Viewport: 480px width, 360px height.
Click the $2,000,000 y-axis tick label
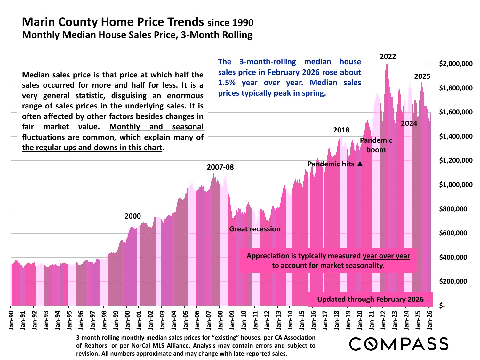tap(456, 64)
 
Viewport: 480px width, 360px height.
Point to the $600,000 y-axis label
tap(456, 233)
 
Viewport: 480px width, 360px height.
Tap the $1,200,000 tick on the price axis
tap(456, 161)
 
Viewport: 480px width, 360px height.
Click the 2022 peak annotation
tap(388, 57)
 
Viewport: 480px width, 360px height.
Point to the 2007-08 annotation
tap(220, 167)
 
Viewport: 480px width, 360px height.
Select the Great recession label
tap(255, 229)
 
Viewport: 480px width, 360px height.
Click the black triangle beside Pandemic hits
tap(360, 164)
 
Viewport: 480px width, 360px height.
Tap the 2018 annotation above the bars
tap(341, 130)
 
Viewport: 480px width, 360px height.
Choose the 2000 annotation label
tap(132, 216)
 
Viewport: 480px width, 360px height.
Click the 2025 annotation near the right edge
tap(422, 76)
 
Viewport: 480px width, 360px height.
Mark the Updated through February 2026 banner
tap(370, 299)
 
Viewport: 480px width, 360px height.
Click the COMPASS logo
tap(398, 344)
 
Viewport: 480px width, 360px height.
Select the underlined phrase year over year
tap(386, 256)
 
